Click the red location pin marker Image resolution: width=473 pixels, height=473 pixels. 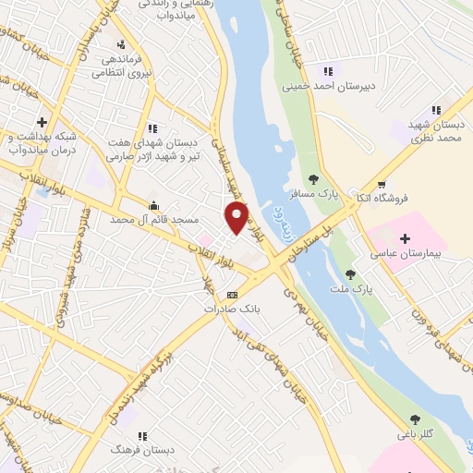pyautogui.click(x=236, y=218)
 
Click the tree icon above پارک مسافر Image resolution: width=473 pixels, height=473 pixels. pyautogui.click(x=313, y=179)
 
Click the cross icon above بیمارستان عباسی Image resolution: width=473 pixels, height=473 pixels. pyautogui.click(x=405, y=238)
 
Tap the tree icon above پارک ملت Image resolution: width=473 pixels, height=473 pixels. pyautogui.click(x=350, y=274)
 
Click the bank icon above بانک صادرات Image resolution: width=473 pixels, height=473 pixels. pyautogui.click(x=232, y=295)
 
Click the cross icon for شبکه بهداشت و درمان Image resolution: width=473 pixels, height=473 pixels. pyautogui.click(x=42, y=122)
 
